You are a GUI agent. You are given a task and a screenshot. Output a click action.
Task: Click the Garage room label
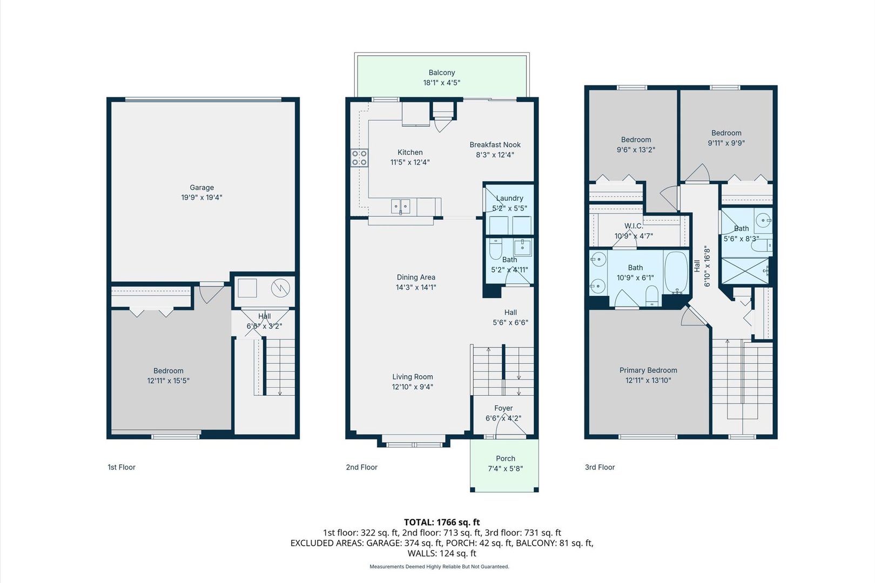[201, 188]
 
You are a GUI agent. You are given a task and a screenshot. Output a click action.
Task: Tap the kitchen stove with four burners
[360, 158]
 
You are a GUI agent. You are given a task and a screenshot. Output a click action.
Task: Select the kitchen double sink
[400, 206]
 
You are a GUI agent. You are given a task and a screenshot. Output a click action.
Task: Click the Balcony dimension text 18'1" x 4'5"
[441, 83]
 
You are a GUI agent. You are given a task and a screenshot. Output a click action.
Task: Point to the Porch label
[505, 458]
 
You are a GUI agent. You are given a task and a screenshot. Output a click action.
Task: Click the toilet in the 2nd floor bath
[495, 249]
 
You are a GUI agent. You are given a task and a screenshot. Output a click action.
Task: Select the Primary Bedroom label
[648, 370]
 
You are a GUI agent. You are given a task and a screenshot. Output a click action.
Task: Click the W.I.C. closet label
[633, 226]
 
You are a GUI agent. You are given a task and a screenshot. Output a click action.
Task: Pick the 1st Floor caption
[122, 467]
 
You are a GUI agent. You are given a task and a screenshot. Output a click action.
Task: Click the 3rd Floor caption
[600, 467]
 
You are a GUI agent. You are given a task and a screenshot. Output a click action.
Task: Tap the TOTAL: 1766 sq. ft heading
[441, 522]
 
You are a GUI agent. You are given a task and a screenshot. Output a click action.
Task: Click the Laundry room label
[509, 198]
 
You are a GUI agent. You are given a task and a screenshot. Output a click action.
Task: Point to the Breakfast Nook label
[495, 145]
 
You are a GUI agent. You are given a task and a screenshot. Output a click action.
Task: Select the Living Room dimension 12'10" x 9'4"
[412, 387]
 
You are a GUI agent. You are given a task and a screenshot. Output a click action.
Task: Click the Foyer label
[503, 408]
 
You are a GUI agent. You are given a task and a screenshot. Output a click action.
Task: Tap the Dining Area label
[415, 277]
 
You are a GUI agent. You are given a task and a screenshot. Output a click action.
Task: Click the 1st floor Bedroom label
[168, 371]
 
